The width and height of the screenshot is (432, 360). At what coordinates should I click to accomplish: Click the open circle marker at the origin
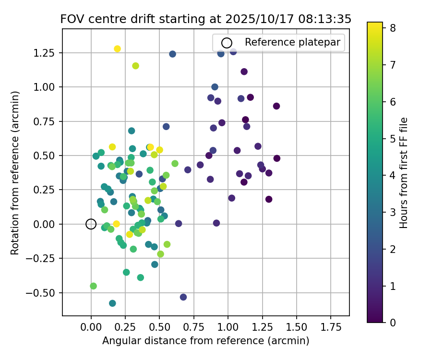click(91, 224)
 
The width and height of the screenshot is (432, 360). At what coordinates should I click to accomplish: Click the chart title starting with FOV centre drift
click(205, 19)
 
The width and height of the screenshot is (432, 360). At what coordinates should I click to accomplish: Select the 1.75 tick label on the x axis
click(330, 328)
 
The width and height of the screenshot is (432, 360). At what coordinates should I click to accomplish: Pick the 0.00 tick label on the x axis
click(91, 328)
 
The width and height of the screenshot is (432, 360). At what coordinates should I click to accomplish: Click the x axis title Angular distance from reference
click(205, 341)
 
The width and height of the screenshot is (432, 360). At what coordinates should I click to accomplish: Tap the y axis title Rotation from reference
click(15, 173)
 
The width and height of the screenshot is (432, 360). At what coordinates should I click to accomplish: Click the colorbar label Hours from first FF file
click(404, 173)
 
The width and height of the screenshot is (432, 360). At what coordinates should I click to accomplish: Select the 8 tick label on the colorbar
click(392, 28)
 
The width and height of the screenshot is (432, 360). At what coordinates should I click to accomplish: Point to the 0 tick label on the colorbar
click(392, 322)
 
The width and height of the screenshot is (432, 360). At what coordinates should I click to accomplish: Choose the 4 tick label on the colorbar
click(392, 175)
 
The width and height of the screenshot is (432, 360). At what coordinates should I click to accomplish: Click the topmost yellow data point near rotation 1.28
click(117, 49)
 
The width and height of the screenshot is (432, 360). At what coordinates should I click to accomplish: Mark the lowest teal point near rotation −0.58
click(112, 303)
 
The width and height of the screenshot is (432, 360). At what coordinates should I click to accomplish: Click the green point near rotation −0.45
click(93, 286)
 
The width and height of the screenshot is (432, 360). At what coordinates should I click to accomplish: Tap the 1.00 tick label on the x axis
click(228, 328)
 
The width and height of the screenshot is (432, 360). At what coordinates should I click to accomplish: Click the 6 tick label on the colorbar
click(392, 101)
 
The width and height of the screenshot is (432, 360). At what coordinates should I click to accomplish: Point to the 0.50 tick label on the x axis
click(159, 328)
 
